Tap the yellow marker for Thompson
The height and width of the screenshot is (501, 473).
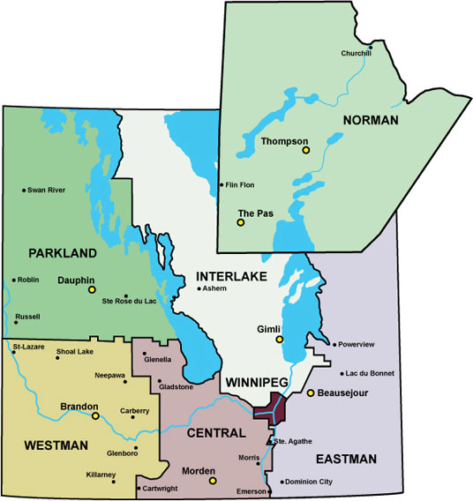point(306,150)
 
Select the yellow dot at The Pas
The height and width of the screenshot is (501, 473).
point(240,222)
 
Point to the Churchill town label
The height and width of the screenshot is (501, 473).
point(356,54)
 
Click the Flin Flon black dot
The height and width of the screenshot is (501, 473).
point(221,184)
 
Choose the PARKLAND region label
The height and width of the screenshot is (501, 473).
point(62,253)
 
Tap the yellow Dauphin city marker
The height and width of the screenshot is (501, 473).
point(91,288)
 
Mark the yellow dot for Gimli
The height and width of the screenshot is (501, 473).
point(279,339)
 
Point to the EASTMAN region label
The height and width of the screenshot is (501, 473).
point(347,459)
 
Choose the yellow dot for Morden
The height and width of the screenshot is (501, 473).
point(212,481)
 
